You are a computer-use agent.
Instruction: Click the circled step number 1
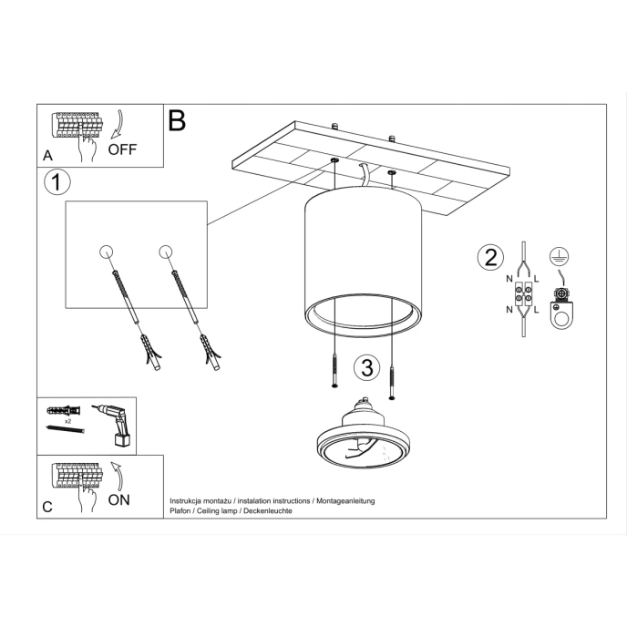coord(57,182)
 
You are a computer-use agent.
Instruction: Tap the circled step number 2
coord(489,258)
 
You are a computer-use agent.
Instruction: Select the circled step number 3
coord(365,368)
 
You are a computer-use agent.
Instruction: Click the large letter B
coord(177,120)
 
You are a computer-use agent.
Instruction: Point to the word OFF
coord(122,150)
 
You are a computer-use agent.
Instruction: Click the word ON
coord(118,499)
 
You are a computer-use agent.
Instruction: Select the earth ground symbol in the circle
coord(558,256)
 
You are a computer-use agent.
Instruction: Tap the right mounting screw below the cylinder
coord(393,378)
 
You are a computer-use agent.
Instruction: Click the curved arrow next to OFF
coord(118,126)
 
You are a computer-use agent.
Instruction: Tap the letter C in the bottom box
coord(47,507)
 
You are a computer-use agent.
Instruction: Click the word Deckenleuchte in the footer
coord(265,511)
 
